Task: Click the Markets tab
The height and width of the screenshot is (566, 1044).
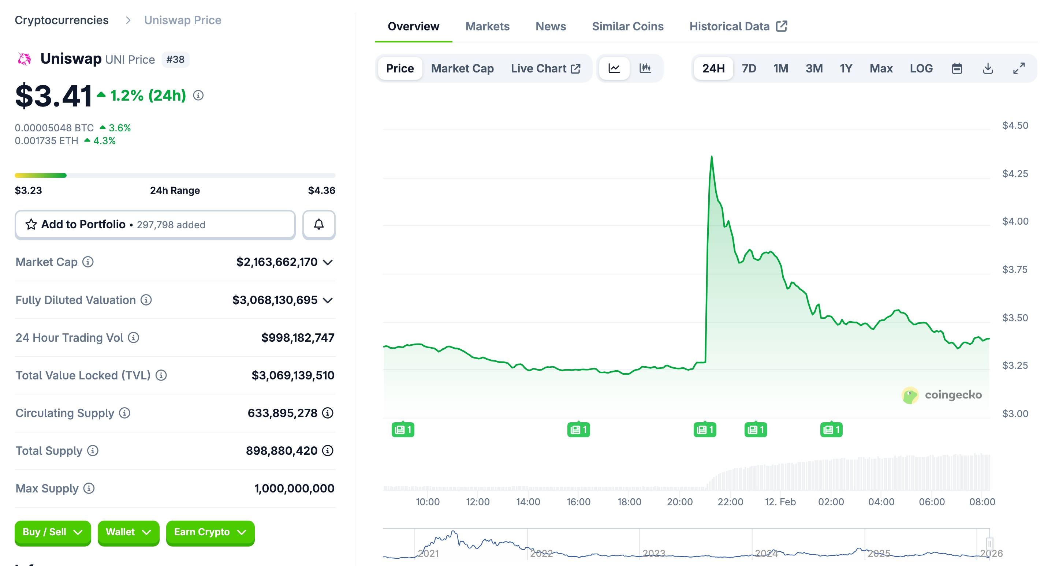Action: point(487,26)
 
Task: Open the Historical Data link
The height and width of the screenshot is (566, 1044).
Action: point(738,26)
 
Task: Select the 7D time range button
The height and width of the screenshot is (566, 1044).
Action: point(749,68)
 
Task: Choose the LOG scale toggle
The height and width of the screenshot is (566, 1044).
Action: point(921,68)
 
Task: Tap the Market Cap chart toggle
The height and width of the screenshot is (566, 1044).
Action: point(462,68)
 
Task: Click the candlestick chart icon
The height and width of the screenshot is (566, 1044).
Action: point(645,68)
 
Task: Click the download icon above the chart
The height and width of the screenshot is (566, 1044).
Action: point(988,68)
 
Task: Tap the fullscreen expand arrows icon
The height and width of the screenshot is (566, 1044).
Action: point(1018,68)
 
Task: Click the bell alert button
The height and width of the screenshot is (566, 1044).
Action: point(318,224)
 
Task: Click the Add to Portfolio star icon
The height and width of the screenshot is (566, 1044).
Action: point(31,224)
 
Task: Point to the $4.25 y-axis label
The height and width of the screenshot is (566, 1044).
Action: point(1015,174)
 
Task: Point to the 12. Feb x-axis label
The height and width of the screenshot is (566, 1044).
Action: point(780,502)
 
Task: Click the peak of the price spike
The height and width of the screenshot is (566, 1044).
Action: point(712,156)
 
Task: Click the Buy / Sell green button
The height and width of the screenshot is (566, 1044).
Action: point(53,532)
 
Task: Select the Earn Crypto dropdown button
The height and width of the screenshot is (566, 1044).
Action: point(210,532)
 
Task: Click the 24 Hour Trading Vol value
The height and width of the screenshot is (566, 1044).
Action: point(298,337)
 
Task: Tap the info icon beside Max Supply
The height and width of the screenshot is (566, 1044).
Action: point(89,488)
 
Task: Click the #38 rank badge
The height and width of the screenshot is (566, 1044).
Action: point(175,60)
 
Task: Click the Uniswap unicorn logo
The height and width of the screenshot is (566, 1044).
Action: point(24,59)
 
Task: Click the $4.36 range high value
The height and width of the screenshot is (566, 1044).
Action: point(321,190)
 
